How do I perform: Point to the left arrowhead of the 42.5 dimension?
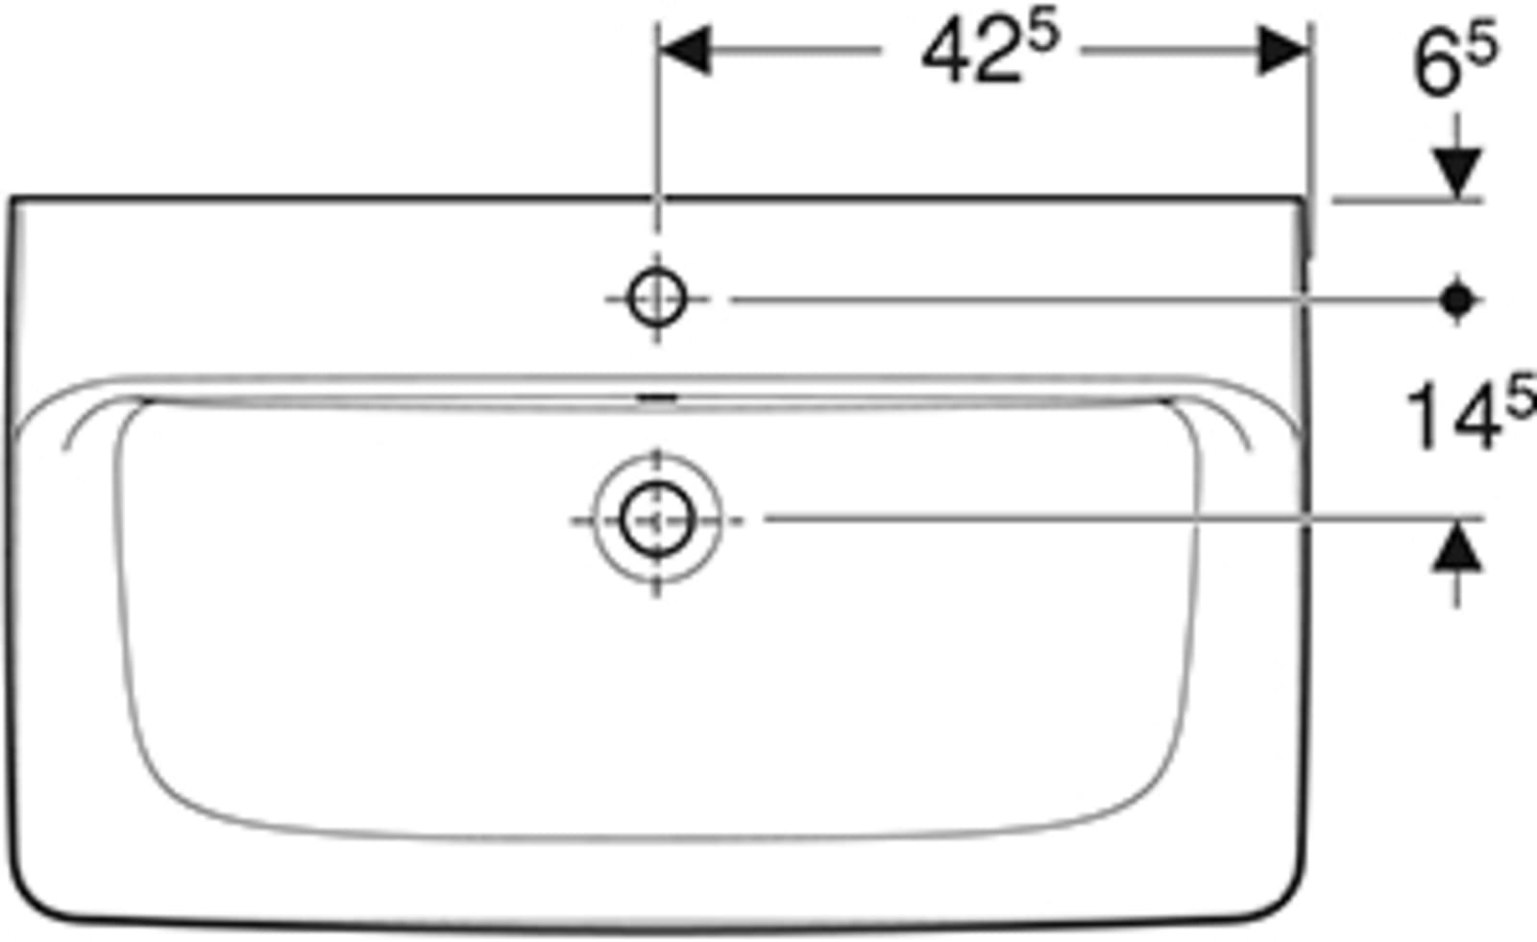[x=684, y=50]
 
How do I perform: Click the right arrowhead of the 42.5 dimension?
[x=1283, y=50]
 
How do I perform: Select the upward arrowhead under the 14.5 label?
[x=1456, y=545]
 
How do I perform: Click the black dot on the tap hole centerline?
[x=1457, y=300]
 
